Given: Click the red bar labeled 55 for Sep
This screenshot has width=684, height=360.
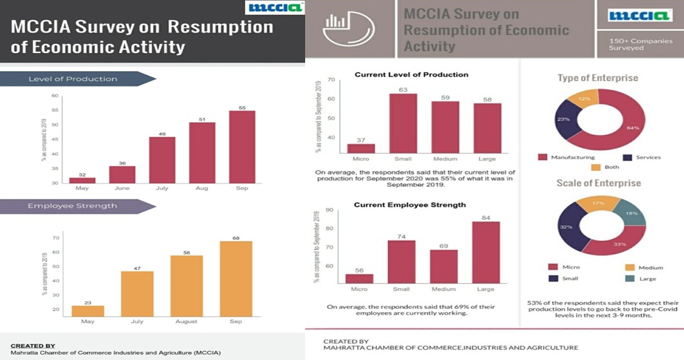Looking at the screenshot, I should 242,147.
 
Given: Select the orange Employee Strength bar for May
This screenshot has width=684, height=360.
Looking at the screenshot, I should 87,311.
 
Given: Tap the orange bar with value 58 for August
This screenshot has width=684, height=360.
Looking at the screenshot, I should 186,286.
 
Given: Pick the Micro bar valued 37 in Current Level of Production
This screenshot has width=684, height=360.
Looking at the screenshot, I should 361,148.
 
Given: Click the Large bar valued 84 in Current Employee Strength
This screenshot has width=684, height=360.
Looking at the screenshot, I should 486,252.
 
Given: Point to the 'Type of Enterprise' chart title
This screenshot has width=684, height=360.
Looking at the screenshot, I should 598,78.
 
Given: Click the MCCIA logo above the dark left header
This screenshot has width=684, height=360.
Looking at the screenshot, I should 274,8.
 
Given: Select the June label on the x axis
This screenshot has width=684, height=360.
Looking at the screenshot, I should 122,189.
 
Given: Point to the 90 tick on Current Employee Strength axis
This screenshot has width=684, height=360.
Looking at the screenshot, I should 330,209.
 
